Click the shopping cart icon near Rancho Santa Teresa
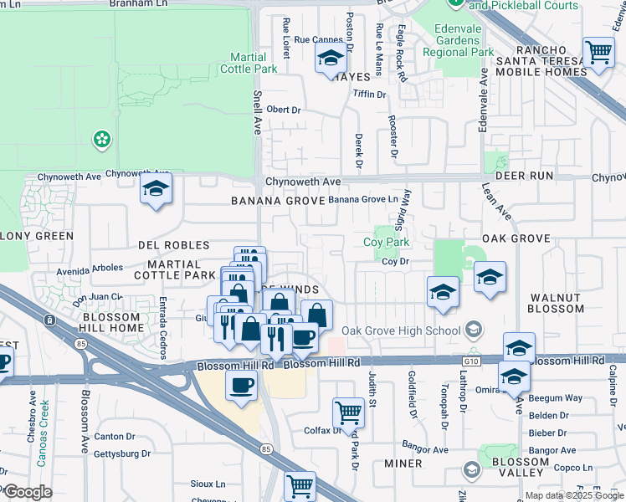pos(598,52)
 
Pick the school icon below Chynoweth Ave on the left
pos(156,190)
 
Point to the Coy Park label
pos(386,242)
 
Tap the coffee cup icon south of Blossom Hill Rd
pos(242,387)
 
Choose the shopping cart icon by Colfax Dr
pos(348,412)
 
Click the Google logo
pos(28,492)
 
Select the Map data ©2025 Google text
pos(574,495)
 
